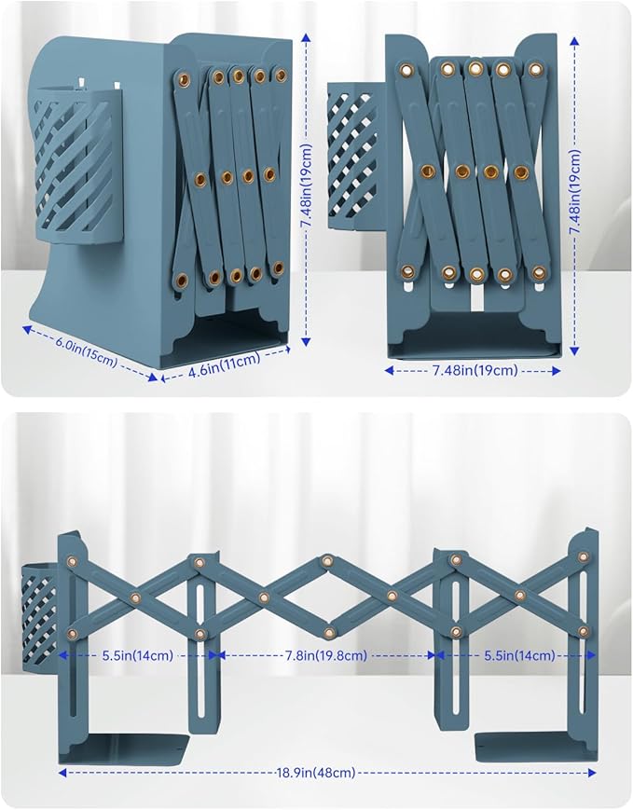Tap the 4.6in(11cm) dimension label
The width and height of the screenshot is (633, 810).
click(x=224, y=365)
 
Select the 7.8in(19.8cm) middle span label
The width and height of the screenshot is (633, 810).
click(x=326, y=655)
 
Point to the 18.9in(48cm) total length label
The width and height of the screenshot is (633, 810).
click(x=316, y=773)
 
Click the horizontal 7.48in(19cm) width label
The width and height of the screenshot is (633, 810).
click(x=475, y=370)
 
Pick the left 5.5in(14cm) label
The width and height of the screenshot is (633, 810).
click(x=137, y=655)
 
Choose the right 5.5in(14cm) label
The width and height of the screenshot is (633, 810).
click(x=519, y=655)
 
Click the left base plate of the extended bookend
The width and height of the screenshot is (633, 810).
click(x=123, y=748)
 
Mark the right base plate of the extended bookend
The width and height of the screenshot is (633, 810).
click(x=536, y=747)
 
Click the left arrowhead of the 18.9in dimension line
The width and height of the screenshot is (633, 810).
click(x=62, y=773)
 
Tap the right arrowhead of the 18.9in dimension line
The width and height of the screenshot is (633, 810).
click(x=592, y=773)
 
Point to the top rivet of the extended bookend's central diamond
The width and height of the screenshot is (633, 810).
click(x=326, y=561)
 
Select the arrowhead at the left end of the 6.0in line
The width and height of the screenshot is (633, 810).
click(x=27, y=328)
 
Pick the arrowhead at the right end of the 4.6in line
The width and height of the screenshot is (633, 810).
click(x=287, y=350)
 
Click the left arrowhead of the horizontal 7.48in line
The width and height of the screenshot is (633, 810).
click(x=389, y=370)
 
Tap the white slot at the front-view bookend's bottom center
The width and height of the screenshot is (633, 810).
click(x=475, y=298)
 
